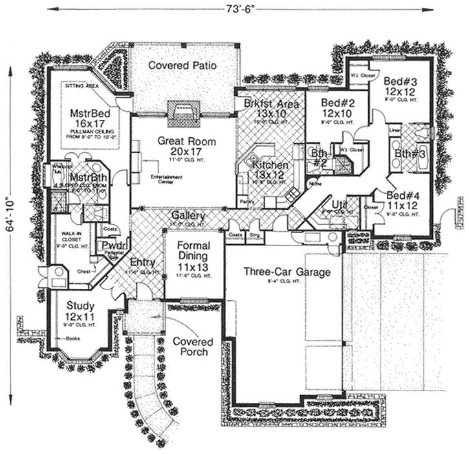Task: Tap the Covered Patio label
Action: (182, 65)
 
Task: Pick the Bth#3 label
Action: (409, 154)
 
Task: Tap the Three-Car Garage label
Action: (287, 272)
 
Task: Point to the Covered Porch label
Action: (190, 346)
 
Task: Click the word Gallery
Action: (189, 216)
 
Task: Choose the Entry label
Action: (142, 263)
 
